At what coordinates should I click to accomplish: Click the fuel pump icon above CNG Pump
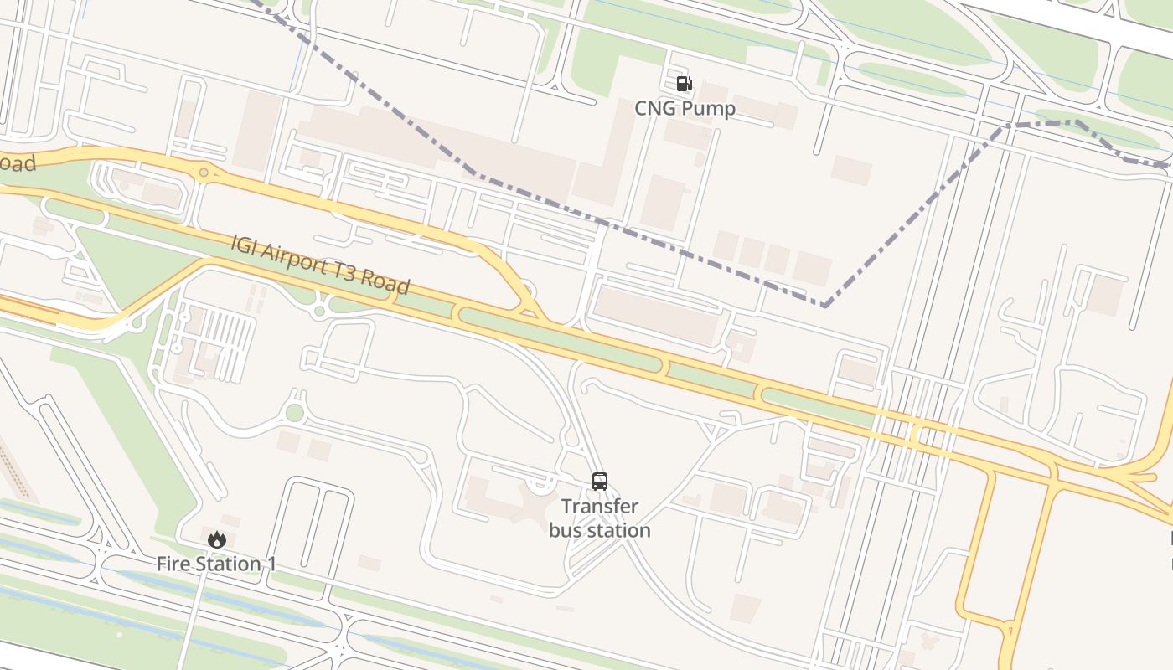pyautogui.click(x=684, y=83)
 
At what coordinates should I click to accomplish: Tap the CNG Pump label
pyautogui.click(x=685, y=108)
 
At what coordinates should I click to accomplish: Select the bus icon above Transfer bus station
pyautogui.click(x=600, y=481)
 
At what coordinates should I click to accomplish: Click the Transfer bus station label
pyautogui.click(x=600, y=518)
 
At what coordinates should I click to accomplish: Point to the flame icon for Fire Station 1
pyautogui.click(x=217, y=540)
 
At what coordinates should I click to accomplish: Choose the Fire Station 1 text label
pyautogui.click(x=216, y=564)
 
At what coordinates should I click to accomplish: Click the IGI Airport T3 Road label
pyautogui.click(x=321, y=265)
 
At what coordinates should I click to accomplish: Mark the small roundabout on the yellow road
pyautogui.click(x=204, y=173)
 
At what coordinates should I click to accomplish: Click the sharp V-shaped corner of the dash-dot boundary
pyautogui.click(x=824, y=305)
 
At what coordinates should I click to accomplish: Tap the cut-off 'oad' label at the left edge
pyautogui.click(x=18, y=163)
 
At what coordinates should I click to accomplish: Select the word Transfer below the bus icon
pyautogui.click(x=600, y=507)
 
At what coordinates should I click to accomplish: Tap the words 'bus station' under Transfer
pyautogui.click(x=600, y=530)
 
